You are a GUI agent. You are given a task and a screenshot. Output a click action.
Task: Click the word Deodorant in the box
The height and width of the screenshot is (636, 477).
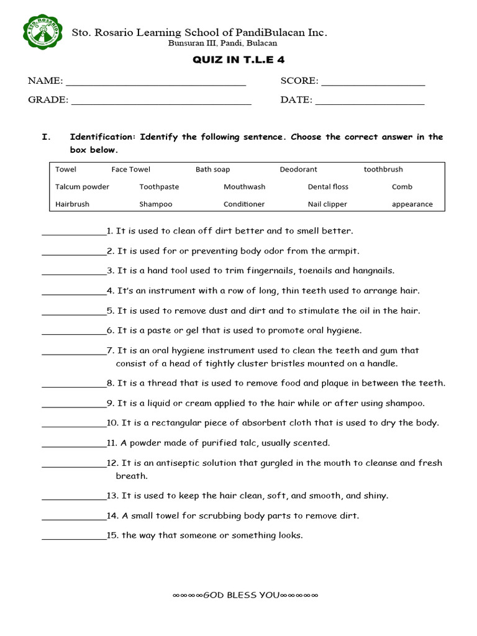(x=298, y=170)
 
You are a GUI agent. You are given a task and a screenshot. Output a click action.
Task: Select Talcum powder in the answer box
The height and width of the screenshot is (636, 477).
(x=82, y=187)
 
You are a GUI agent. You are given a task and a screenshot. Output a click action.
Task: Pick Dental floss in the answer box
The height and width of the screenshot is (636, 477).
(x=328, y=187)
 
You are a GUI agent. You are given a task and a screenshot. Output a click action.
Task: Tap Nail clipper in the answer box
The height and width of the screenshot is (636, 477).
(x=327, y=204)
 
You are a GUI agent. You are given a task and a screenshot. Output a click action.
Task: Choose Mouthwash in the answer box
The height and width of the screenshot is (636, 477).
(x=244, y=187)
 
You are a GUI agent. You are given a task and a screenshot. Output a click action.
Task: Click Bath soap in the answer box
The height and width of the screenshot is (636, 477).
(x=212, y=170)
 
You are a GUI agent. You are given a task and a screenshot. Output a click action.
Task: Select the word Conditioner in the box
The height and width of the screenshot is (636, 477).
(x=244, y=204)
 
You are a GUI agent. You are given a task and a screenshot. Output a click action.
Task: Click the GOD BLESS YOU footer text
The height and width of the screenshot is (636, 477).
(x=245, y=595)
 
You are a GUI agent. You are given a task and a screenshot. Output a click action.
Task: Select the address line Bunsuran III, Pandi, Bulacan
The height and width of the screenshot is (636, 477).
(x=223, y=43)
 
